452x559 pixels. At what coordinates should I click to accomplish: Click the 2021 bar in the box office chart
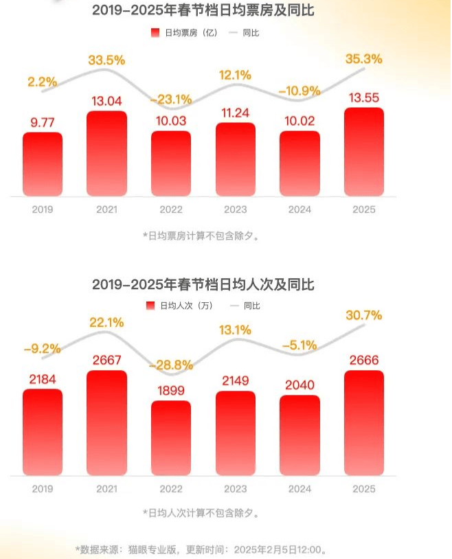tap(106, 153)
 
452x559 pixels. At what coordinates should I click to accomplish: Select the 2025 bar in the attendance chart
tap(364, 422)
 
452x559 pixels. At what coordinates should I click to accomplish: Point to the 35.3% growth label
tap(364, 59)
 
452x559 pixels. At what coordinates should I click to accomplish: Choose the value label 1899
tap(170, 391)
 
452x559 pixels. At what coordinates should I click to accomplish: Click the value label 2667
tap(106, 361)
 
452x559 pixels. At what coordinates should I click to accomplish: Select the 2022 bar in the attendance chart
tap(170, 437)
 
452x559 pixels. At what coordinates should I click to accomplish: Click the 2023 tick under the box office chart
tap(235, 209)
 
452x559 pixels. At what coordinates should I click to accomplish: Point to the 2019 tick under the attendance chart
tap(42, 488)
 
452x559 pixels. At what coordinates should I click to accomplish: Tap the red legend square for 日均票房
tap(154, 32)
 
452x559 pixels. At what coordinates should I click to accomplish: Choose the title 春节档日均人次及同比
tap(203, 284)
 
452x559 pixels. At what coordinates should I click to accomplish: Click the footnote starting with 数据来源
tap(199, 549)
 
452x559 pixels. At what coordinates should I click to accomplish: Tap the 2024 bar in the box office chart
tap(300, 163)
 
